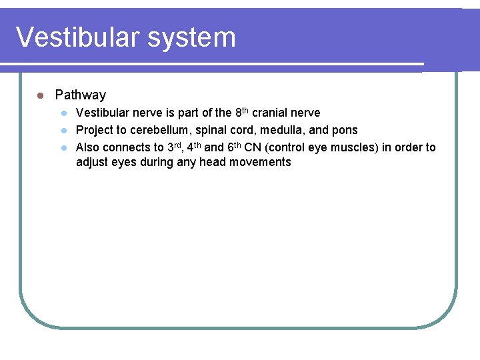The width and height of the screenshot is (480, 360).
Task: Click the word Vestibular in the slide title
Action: coord(69,37)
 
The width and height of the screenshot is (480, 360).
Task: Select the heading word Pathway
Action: coord(80,95)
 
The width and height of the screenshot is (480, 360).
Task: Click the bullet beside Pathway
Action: coord(40,95)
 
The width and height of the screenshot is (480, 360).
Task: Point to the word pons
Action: coord(344,130)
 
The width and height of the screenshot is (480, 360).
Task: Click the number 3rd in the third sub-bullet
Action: coord(175,147)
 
